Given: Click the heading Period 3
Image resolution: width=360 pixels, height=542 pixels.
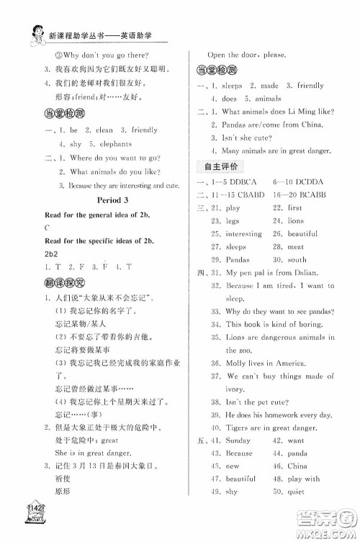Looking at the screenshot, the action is [104, 203].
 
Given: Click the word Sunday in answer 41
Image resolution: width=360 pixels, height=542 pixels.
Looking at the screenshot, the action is [238, 440].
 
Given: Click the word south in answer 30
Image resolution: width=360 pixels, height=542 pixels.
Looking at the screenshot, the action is [296, 259].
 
